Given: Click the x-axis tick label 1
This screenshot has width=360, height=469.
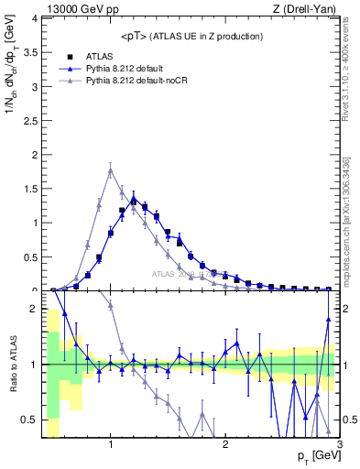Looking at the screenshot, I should (x=111, y=445).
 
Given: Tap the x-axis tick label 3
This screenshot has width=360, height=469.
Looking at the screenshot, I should (x=339, y=445).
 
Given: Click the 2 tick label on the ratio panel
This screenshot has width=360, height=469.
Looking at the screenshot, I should (x=34, y=310).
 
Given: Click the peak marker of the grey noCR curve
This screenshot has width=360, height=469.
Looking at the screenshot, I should (x=111, y=170).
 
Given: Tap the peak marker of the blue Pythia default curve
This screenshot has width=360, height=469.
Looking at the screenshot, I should (x=134, y=197).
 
